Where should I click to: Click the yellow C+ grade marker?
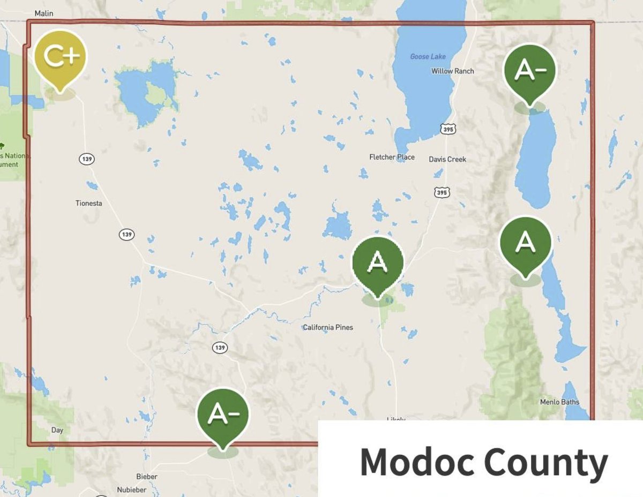coord(60,58)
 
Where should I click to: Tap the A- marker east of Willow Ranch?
coord(529,72)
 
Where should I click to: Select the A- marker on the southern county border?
coord(222,415)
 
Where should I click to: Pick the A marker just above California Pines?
coord(378,263)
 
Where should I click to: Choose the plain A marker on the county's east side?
coord(525,244)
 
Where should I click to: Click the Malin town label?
coord(43,13)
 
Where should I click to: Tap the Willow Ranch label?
coord(452,71)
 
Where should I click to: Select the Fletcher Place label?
coord(392,157)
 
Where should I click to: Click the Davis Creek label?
coord(447,160)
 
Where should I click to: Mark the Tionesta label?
coord(89,204)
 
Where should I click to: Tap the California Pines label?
coord(328,327)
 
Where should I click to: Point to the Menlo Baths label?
coord(559,402)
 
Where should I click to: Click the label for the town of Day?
coord(57,430)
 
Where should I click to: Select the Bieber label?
coord(147,477)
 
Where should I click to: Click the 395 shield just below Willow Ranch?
coord(449,129)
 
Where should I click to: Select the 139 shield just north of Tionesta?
coord(86,159)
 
